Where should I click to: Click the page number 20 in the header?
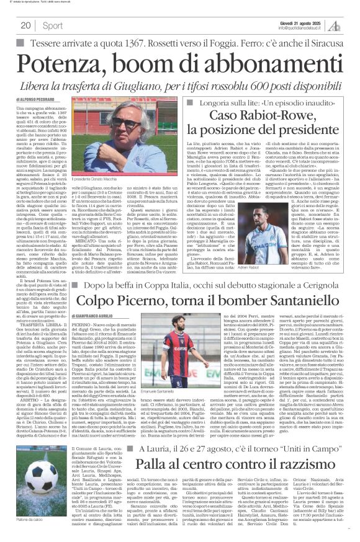pos(25,24)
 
